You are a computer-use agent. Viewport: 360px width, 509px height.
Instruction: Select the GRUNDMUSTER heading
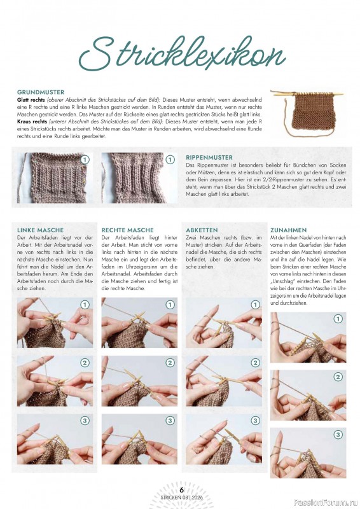tap(41, 92)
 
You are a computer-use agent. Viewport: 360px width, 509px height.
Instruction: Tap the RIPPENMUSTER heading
tap(209, 157)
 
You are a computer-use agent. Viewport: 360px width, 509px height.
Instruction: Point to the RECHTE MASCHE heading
tap(127, 230)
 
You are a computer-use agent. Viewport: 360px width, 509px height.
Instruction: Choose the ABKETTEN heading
tap(202, 230)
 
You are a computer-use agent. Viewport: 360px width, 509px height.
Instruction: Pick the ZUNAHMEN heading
tap(289, 230)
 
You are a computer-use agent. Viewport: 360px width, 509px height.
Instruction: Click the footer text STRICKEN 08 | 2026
tap(181, 498)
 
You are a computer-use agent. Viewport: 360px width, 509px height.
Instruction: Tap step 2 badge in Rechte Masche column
tap(170, 363)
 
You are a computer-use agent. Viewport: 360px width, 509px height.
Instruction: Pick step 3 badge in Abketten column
tap(255, 421)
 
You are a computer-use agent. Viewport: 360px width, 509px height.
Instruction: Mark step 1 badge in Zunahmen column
tap(338, 319)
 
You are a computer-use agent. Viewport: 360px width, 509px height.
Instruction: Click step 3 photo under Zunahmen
tap(308, 452)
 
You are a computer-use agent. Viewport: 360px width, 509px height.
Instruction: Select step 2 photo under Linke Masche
tap(54, 380)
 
